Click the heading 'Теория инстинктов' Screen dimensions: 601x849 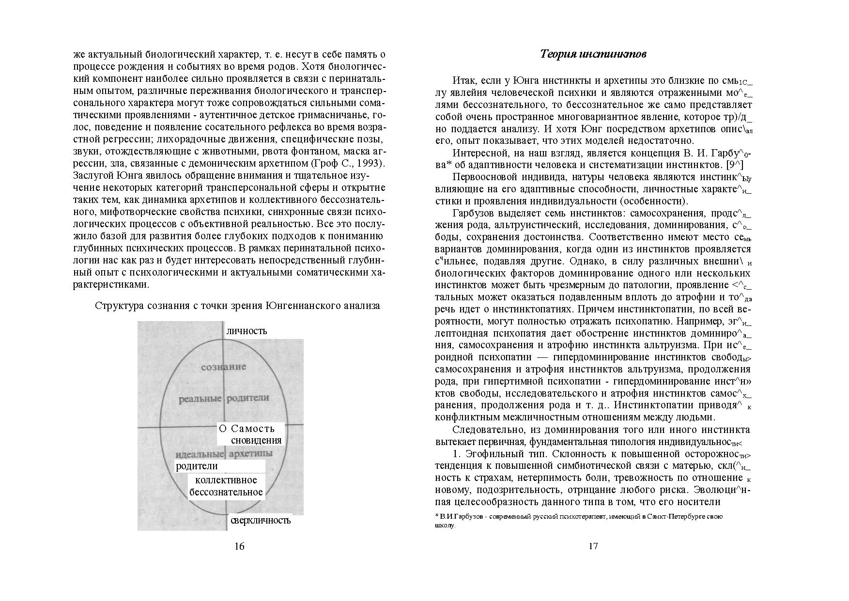[x=593, y=54]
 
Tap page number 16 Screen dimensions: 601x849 [x=239, y=546]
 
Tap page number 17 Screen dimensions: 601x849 [x=593, y=546]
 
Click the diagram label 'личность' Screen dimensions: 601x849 [x=247, y=331]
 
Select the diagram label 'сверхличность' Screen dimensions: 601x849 [x=261, y=521]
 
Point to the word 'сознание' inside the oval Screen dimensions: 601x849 [x=223, y=367]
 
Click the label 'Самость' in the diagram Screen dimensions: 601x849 [x=253, y=429]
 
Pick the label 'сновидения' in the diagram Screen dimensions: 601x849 [x=256, y=440]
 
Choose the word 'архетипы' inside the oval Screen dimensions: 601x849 [x=250, y=454]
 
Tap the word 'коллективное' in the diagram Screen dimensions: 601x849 [x=226, y=480]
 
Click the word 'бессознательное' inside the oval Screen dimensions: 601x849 [x=226, y=492]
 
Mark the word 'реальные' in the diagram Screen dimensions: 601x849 [x=200, y=399]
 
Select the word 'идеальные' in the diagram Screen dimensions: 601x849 [x=200, y=454]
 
